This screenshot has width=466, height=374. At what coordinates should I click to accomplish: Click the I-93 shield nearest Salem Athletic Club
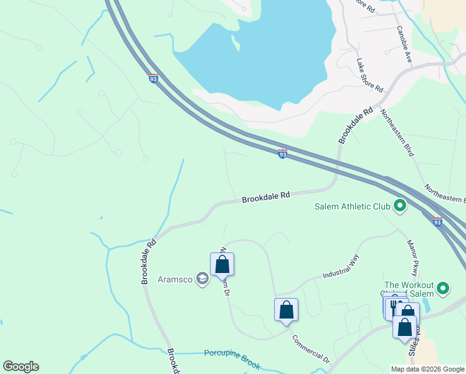coord(437,221)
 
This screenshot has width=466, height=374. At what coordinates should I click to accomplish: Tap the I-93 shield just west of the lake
coord(153,79)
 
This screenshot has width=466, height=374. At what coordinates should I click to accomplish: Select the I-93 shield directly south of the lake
coord(282,154)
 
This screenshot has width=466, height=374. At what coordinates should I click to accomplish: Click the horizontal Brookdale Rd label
coord(266,196)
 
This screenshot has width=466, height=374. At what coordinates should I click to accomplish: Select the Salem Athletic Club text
coord(351,206)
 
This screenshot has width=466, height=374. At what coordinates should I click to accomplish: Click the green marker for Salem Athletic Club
coord(399,205)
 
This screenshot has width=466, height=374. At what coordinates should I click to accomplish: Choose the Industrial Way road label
coord(341,266)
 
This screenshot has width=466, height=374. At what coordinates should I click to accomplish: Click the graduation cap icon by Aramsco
coord(202,279)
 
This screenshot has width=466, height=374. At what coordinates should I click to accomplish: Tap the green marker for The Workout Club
coord(443,288)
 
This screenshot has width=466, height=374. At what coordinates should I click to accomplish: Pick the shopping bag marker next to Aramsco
coord(222,265)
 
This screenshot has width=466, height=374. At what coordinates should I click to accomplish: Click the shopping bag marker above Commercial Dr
coord(286,309)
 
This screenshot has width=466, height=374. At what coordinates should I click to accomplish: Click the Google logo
coord(21,367)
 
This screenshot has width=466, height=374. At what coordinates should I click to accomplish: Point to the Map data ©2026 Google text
coord(427,369)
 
